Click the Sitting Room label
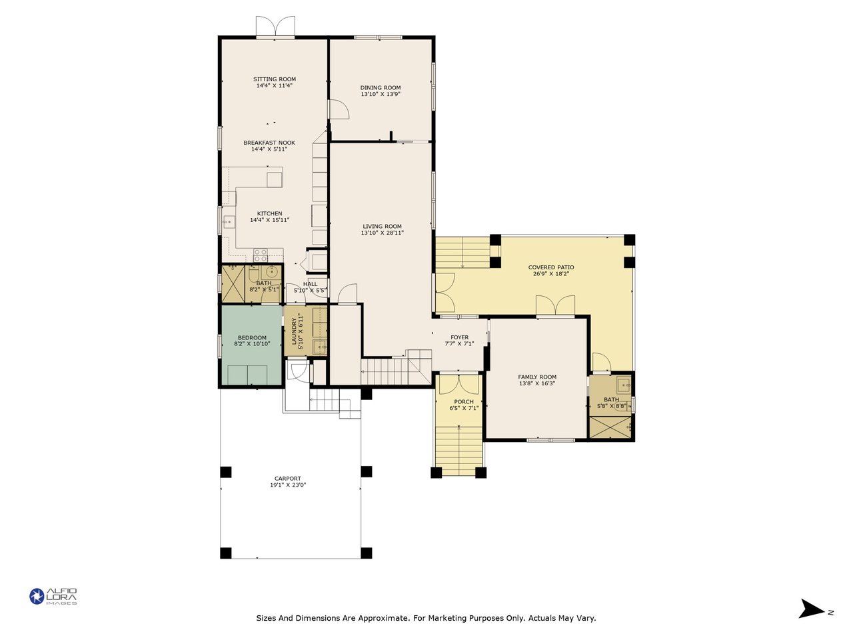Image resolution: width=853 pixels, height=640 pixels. pyautogui.click(x=275, y=79)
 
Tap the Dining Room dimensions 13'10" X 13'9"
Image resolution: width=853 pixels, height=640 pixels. pyautogui.click(x=381, y=94)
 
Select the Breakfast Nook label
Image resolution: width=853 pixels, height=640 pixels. pyautogui.click(x=269, y=143)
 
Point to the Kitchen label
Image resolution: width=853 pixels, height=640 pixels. pyautogui.click(x=270, y=213)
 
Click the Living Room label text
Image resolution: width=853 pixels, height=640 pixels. pyautogui.click(x=383, y=226)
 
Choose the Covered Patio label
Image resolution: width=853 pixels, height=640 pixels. pyautogui.click(x=551, y=267)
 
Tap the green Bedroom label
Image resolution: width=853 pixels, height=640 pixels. pyautogui.click(x=252, y=338)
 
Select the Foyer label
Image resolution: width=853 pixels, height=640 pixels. pyautogui.click(x=460, y=337)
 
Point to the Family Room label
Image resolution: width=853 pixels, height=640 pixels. pyautogui.click(x=537, y=377)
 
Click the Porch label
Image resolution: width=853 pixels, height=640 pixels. pyautogui.click(x=464, y=402)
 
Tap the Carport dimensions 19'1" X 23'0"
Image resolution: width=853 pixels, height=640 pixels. pyautogui.click(x=288, y=485)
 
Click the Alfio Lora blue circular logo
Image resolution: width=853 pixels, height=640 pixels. pyautogui.click(x=37, y=596)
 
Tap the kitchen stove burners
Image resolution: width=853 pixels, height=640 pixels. pyautogui.click(x=261, y=255)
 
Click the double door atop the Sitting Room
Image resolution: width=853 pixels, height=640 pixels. pyautogui.click(x=275, y=26)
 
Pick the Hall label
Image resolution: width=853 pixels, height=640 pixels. pyautogui.click(x=310, y=284)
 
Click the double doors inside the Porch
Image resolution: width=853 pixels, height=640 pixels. pyautogui.click(x=459, y=384)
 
